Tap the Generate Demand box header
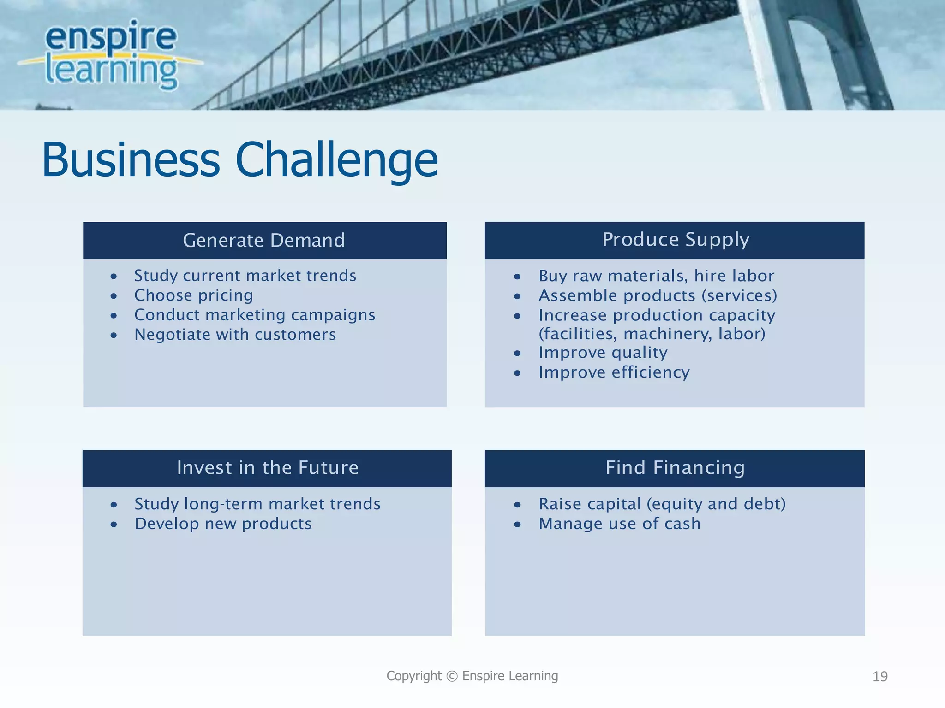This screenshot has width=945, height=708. coord(264,240)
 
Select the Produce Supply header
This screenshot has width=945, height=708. coord(675,239)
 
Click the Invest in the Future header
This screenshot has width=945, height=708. coord(267,468)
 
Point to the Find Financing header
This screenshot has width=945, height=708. coord(675,468)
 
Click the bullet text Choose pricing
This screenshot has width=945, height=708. coord(193,295)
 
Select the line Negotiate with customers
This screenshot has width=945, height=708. coord(235,335)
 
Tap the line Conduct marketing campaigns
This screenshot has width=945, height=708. coord(255,315)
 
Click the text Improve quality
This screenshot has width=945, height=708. coord(603,353)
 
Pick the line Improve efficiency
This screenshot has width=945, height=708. coord(614,372)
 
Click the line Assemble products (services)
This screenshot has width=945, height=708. coord(658,295)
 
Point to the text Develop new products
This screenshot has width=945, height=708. coord(223,524)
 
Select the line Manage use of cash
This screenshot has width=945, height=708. coord(619,524)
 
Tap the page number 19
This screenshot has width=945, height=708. coord(880,677)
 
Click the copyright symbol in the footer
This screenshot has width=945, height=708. coord(452,676)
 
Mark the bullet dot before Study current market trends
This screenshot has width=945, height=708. coord(114,277)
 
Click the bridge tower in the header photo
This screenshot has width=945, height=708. coord(794,55)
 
